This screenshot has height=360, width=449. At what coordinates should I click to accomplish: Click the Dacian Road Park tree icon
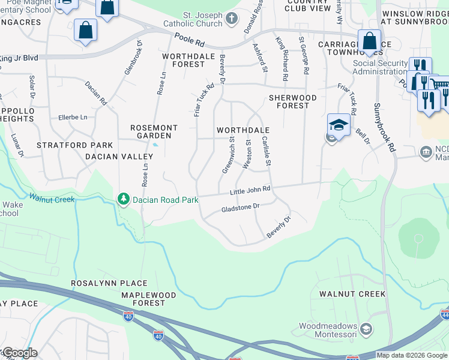[123, 199]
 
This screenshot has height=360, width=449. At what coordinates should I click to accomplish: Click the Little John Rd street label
[250, 190]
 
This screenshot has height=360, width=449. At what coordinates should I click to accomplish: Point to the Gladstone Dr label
[240, 206]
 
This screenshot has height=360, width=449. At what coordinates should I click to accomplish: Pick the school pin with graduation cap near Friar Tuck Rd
[339, 125]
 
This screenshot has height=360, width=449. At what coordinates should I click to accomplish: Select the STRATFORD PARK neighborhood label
[74, 145]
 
